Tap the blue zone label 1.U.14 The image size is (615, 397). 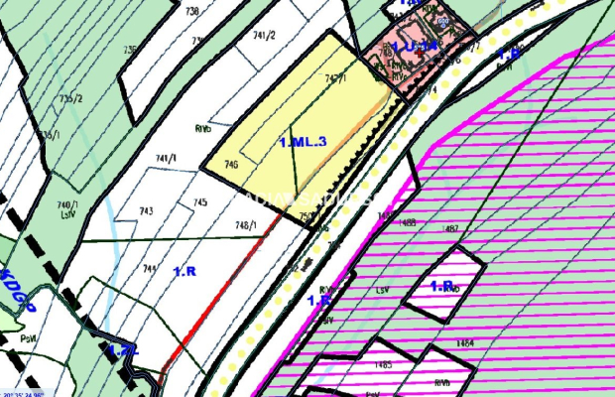(x=415, y=47)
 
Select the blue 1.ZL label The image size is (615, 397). (x=122, y=349)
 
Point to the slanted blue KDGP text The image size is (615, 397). (x=19, y=291)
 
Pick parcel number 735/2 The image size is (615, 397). (x=68, y=98)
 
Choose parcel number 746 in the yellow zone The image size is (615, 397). (x=231, y=165)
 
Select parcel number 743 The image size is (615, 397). (x=146, y=210)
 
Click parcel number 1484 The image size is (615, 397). (x=465, y=342)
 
